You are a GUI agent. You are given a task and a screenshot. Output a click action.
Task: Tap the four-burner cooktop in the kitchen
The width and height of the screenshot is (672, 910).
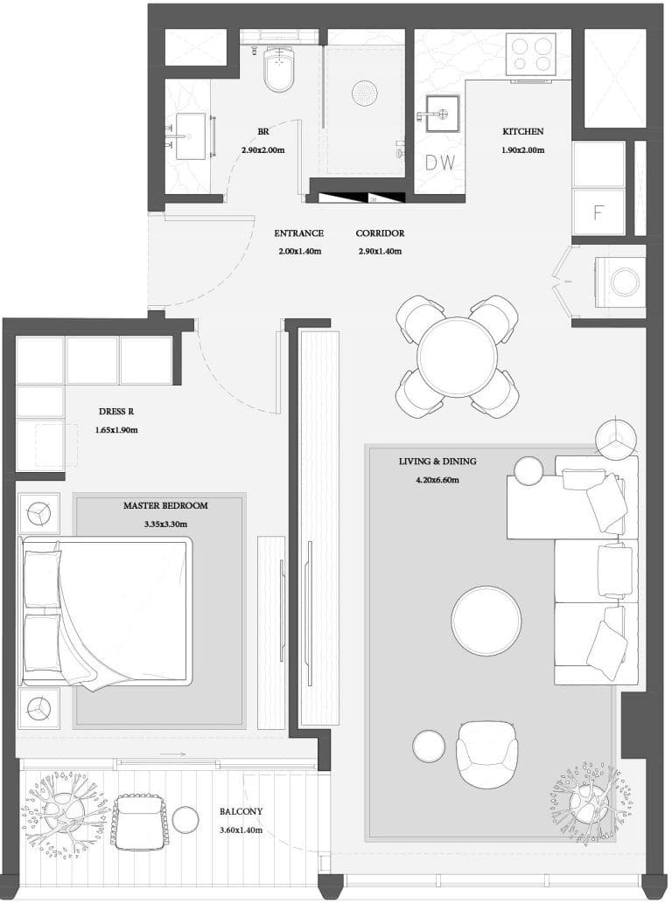(530, 54)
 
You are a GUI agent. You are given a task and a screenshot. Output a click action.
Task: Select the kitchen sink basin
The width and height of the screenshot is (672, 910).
(442, 113)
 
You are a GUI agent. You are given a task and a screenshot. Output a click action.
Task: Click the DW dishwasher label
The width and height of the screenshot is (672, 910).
(440, 163)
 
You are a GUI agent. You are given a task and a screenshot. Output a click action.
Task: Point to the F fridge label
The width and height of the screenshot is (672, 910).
(598, 213)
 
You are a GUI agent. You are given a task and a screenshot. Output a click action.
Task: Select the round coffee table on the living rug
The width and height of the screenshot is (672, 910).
(486, 621)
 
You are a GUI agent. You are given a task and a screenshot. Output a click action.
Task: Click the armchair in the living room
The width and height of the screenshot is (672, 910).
(486, 754)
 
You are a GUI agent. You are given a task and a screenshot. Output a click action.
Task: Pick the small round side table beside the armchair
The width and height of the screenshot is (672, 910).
(430, 746)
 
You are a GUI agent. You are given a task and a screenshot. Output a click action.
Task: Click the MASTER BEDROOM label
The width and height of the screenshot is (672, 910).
(165, 505)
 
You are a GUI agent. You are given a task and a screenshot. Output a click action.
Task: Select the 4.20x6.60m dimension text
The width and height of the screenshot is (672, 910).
(437, 480)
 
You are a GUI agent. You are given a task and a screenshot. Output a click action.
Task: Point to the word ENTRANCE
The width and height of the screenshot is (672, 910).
(299, 233)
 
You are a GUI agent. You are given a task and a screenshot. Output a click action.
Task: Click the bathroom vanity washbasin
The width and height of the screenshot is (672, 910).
(191, 136)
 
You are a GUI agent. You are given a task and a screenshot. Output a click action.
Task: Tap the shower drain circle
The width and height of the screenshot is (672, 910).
(365, 93)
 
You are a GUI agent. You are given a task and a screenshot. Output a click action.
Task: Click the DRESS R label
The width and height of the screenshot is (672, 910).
(116, 412)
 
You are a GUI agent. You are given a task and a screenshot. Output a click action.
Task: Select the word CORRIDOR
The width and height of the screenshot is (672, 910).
(381, 233)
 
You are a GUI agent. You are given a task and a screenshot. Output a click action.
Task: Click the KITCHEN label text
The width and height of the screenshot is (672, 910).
(523, 132)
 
